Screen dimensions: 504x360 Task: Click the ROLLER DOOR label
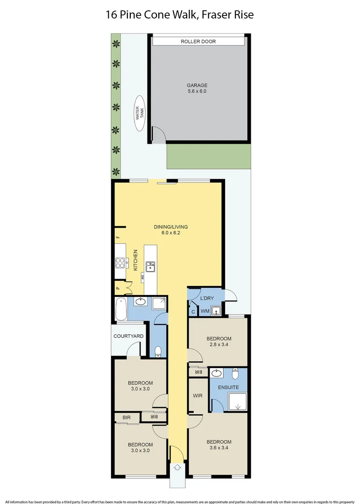pos(198,42)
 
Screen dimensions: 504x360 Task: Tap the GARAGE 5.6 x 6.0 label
pos(197,88)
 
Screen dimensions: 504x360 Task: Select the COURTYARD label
pos(128,336)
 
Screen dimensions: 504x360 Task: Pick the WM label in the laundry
pos(204,311)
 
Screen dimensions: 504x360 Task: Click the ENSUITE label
pos(228,387)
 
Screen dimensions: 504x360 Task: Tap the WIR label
pos(198,396)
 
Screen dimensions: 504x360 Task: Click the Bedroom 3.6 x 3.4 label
pos(219,445)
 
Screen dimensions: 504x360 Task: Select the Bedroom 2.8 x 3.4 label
pos(219,342)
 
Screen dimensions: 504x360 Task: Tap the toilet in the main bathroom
pos(159,350)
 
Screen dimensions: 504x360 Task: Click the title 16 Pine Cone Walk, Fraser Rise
pos(180,15)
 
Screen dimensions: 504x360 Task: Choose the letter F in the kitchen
pos(118,238)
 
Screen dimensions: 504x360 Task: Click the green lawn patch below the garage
pos(208,156)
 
